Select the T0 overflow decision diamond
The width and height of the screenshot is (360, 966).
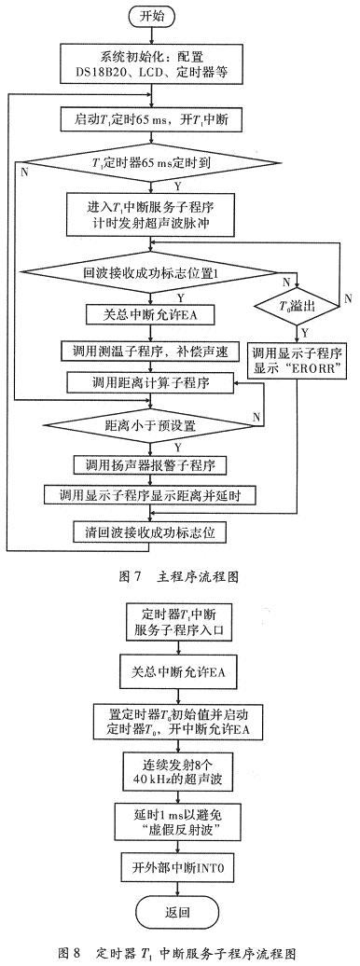299,303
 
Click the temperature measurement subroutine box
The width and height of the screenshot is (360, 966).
163,352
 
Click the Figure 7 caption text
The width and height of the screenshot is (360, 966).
180,576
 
